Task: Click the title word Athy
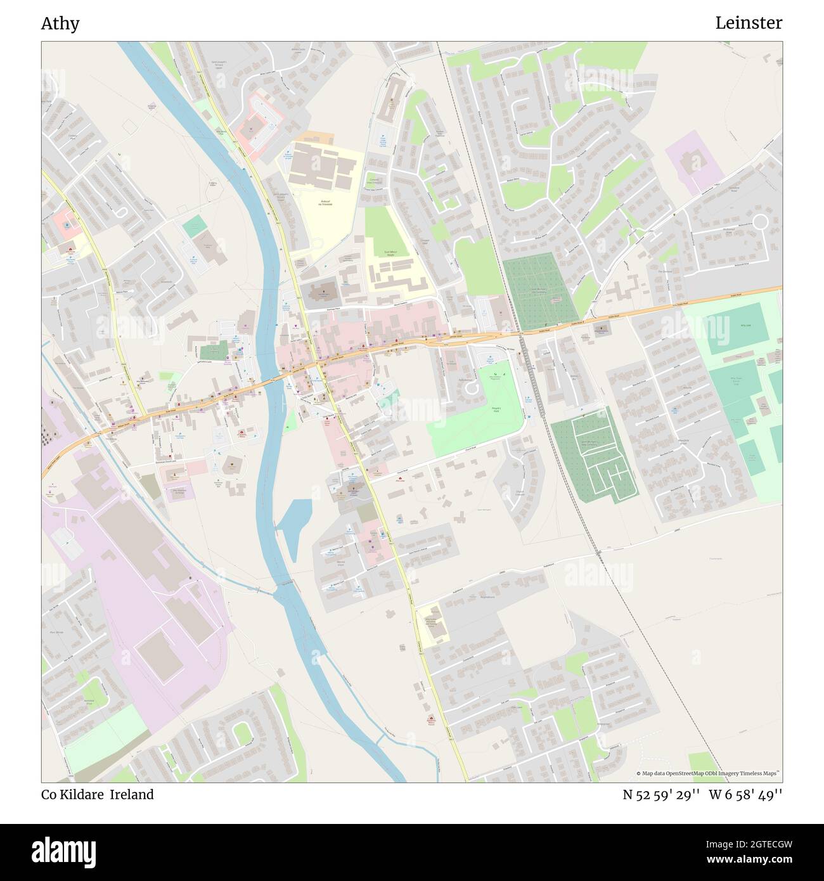tap(60, 23)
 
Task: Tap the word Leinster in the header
tap(748, 23)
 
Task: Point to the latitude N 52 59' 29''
tap(661, 795)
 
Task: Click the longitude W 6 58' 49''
tap(745, 795)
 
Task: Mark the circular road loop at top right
tap(759, 222)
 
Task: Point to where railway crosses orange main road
tap(524, 333)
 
